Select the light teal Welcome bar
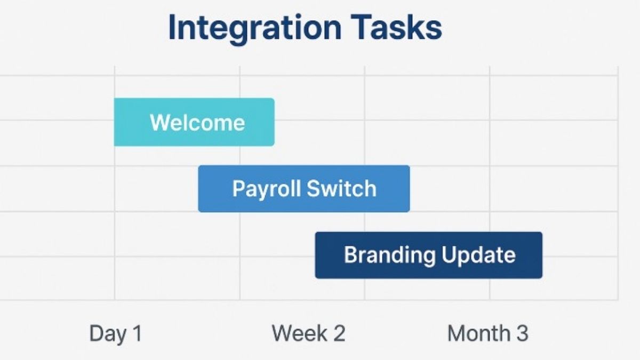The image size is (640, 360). coord(194,122)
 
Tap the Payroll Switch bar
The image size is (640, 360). coord(304,189)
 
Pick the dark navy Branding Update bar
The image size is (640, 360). coord(429,255)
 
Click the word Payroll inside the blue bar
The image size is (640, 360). coord(260,189)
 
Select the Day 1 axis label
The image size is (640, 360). coord(116,334)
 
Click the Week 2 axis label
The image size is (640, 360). coord(308,334)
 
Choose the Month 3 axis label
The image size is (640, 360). coord(487,334)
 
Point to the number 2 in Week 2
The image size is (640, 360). coord(339,334)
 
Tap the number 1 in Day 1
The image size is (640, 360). coord(137,334)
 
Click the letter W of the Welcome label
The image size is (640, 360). coord(158,123)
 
